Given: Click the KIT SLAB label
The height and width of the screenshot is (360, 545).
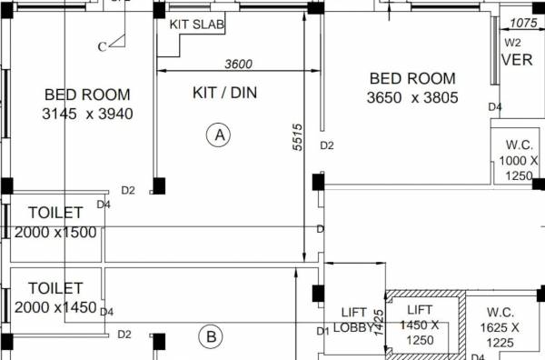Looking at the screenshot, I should pos(197,24).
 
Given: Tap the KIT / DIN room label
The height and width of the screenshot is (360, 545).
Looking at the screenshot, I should pos(225,93).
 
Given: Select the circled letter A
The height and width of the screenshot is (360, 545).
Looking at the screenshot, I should pos(218,135).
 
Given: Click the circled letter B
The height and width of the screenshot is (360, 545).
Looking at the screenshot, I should pos(211,337).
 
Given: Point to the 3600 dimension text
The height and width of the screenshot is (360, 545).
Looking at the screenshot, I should pos(238,64).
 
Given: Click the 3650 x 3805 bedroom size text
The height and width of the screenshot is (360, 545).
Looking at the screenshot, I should pos(412,97).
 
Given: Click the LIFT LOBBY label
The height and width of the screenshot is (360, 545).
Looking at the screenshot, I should pos(352,320).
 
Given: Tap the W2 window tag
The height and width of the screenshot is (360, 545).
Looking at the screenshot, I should pos(513,42).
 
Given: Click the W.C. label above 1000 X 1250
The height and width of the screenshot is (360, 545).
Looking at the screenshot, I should pos(520,145).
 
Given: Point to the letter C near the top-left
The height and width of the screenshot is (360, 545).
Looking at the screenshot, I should pos(103,46).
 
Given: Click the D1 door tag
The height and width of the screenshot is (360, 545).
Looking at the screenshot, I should pos(322,331).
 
